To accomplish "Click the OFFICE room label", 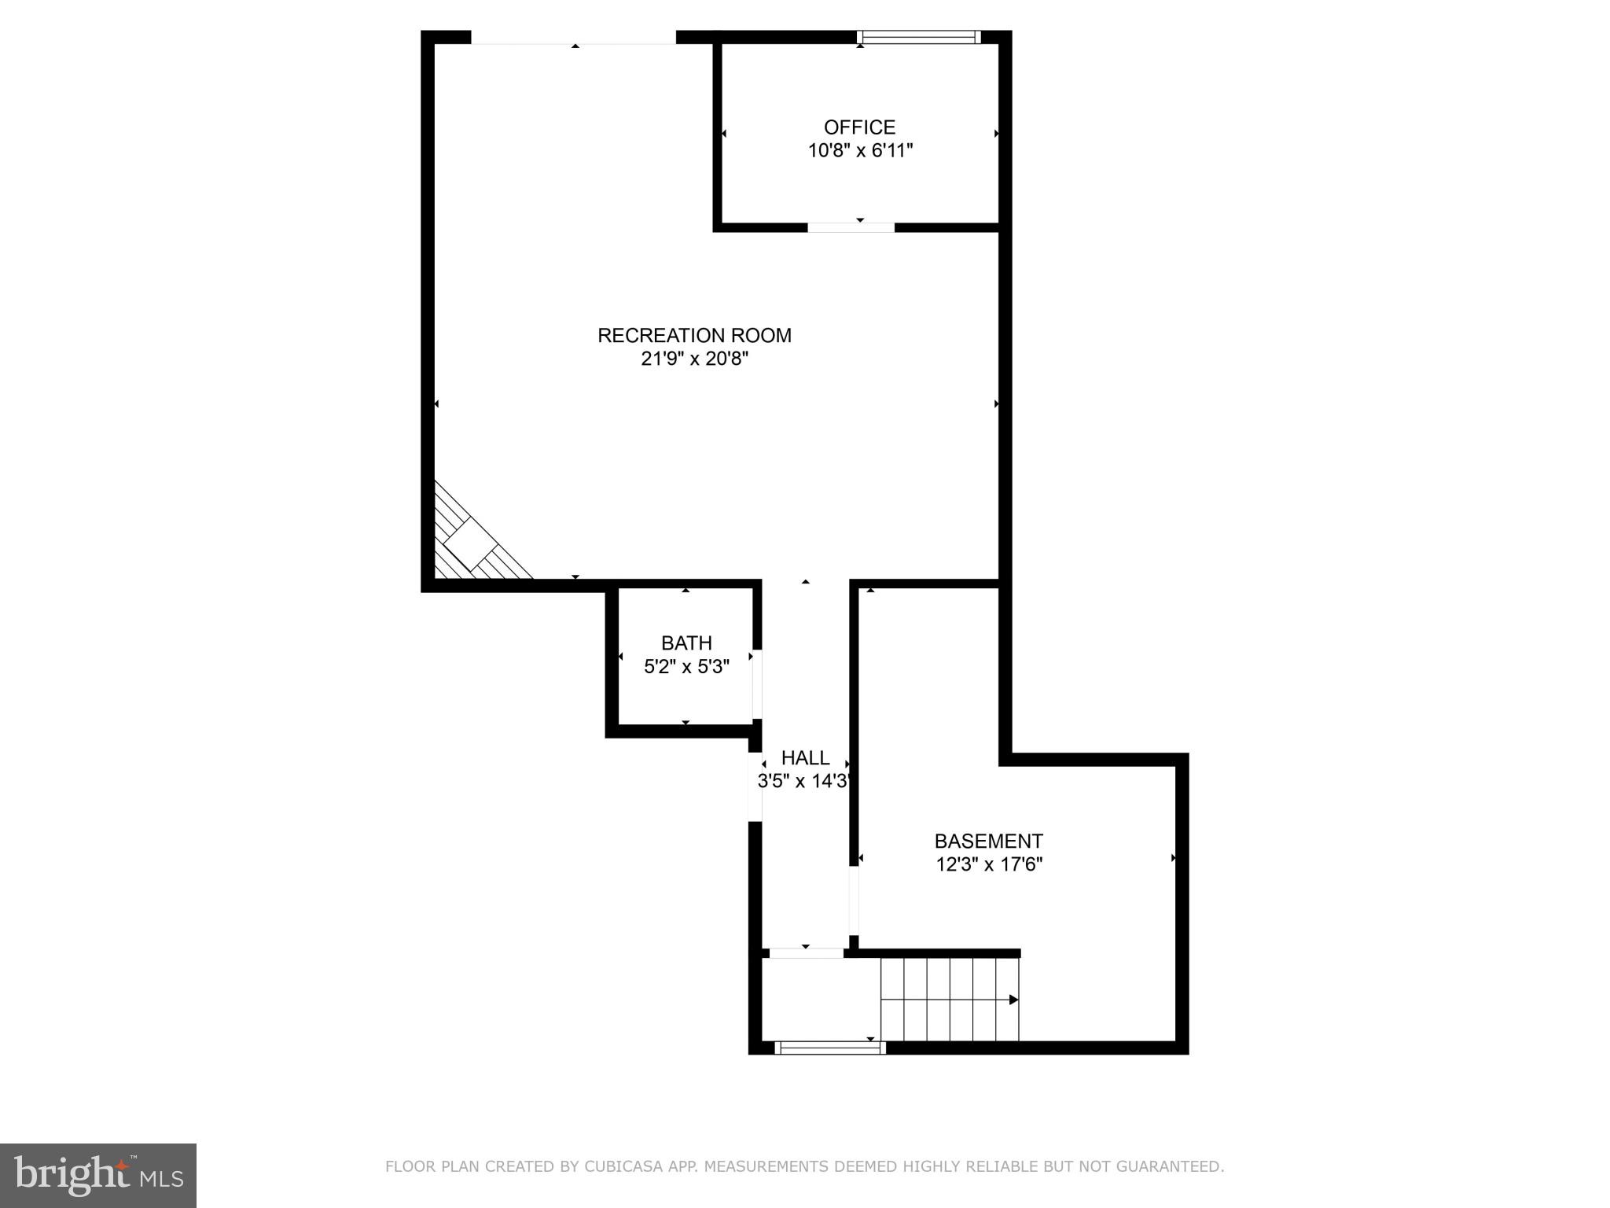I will click(x=859, y=127).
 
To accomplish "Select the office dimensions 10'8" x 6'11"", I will click(x=860, y=151).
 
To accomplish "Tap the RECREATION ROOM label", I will click(x=694, y=336).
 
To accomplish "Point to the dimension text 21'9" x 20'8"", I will click(x=694, y=359).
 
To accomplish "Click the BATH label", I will click(x=686, y=643).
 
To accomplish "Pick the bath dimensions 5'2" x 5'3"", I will click(x=686, y=667).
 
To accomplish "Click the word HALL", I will click(x=805, y=758).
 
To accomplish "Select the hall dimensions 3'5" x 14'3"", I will click(x=804, y=782).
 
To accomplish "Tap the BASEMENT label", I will click(x=988, y=842).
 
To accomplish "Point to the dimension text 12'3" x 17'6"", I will click(x=989, y=865).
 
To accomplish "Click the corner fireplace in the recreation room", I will click(x=472, y=543).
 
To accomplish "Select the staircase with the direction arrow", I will click(x=949, y=999).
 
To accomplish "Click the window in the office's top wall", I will click(x=918, y=37).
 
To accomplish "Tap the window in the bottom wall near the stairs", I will click(x=829, y=1048).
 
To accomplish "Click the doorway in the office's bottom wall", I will click(x=851, y=228).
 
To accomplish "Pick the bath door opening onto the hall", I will click(x=757, y=684).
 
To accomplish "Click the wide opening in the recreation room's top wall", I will click(x=573, y=39).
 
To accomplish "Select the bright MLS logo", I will click(x=97, y=1175).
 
